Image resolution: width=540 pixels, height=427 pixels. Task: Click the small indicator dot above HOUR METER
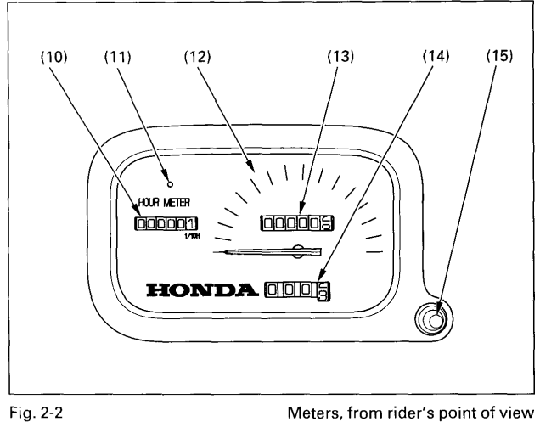click(x=170, y=183)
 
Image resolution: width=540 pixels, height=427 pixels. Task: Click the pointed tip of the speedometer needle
click(x=217, y=251)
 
